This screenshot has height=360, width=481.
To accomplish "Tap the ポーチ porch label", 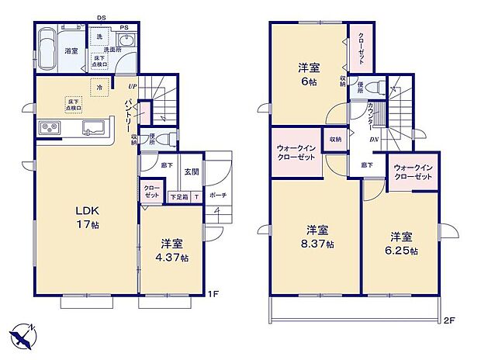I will point(218,196).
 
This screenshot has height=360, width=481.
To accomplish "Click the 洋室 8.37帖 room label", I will point(317,237).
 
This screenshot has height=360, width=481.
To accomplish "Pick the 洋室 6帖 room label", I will point(308,73).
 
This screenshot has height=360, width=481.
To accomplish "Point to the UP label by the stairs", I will point(133,86).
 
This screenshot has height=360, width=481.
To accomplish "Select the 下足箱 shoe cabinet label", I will point(178,196).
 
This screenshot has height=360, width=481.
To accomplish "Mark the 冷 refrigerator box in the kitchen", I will point(99,88).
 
